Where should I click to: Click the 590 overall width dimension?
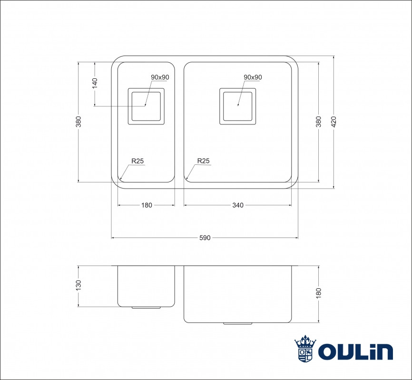pos(205,238)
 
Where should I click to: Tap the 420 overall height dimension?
pos(334,122)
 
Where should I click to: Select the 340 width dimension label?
pos(238,205)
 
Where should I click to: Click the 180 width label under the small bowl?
pos(147,205)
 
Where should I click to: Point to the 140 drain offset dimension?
pos(95,83)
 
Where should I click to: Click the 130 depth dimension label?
pos(78,285)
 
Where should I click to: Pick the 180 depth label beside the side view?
pos(318,293)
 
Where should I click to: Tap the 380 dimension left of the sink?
pos(78,122)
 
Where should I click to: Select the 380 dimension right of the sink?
pos(318,122)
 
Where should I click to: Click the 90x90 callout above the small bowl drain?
pos(160,77)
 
